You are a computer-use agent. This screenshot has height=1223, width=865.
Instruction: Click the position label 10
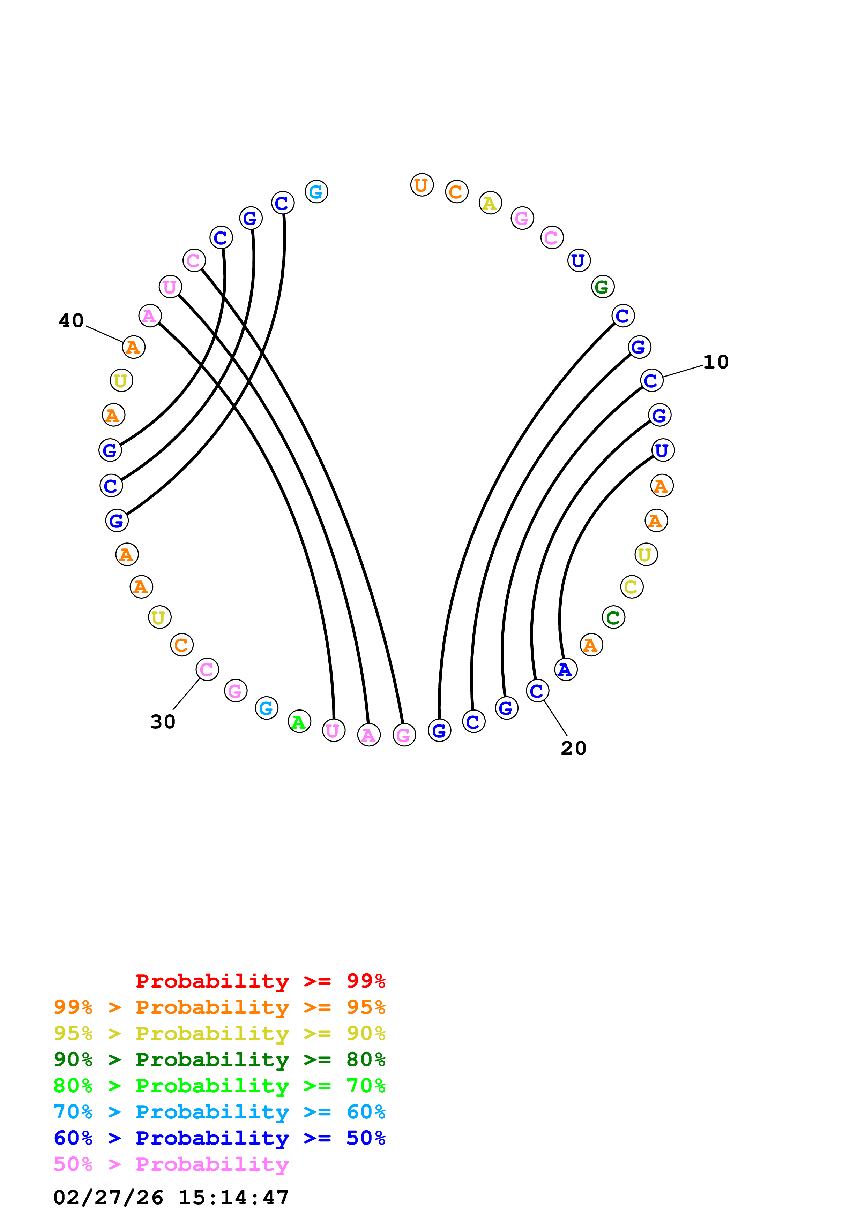[x=715, y=362]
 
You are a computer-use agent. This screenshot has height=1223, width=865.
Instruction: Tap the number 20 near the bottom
[x=574, y=749]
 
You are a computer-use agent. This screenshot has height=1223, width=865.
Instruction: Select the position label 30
[x=163, y=722]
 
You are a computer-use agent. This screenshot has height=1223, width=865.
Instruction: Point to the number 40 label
[x=71, y=321]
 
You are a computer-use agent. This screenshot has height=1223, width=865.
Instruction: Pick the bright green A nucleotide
[x=299, y=721]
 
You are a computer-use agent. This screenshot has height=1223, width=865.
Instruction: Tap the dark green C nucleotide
[x=613, y=617]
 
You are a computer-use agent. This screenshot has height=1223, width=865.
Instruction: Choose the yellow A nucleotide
[x=490, y=203]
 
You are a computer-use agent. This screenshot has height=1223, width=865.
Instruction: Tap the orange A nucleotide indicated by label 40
[x=133, y=347]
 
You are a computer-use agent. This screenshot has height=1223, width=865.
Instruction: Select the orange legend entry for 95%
[x=219, y=1007]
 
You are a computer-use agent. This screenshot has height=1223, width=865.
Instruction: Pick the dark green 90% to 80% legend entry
[x=219, y=1059]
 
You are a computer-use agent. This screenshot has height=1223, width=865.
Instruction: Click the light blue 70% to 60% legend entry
[x=219, y=1112]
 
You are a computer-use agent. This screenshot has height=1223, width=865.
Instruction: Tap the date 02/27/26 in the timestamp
[x=108, y=1198]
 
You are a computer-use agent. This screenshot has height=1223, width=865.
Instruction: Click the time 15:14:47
[x=233, y=1198]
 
